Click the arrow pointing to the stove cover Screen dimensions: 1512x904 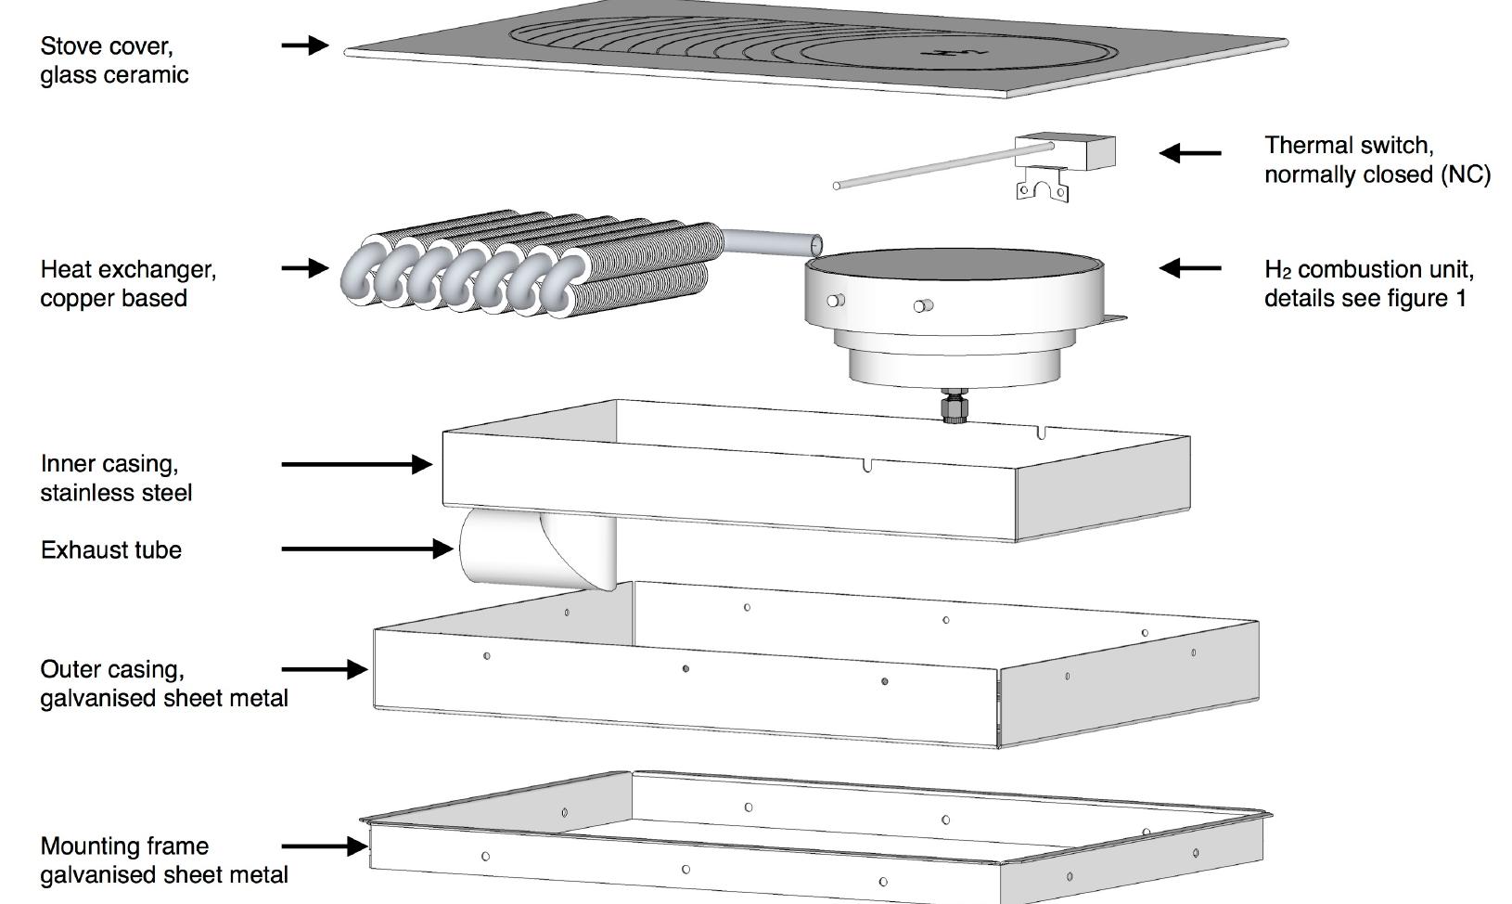(x=305, y=45)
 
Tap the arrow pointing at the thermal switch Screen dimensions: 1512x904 (x=1190, y=153)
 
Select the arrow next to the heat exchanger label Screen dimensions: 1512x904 (x=305, y=268)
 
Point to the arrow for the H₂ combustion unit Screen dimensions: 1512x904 (x=1190, y=268)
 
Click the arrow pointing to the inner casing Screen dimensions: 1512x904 (x=357, y=464)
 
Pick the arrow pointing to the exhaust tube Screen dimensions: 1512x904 (x=367, y=549)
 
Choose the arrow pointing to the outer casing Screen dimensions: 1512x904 (x=325, y=669)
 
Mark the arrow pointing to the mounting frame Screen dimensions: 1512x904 (x=325, y=846)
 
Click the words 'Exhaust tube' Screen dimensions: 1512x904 (x=111, y=549)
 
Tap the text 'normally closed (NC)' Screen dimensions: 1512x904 (x=1377, y=174)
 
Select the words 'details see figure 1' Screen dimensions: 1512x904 (x=1365, y=298)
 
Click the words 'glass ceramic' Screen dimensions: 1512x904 (x=114, y=74)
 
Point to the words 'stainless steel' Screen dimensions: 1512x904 (x=116, y=492)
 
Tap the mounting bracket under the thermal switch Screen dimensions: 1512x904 (x=1043, y=185)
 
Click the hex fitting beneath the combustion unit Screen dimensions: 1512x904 (x=954, y=406)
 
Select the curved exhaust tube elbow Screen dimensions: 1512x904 (x=537, y=549)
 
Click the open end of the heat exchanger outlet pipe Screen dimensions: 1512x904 (x=816, y=244)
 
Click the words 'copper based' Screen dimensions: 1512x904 (x=113, y=298)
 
